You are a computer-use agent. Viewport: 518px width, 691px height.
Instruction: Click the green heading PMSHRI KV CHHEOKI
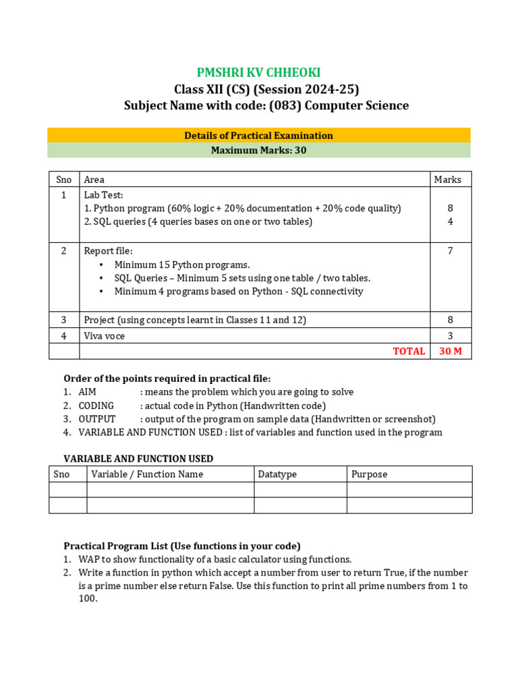(x=258, y=73)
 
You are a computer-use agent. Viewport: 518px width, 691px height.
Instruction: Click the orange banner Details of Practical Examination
(x=258, y=136)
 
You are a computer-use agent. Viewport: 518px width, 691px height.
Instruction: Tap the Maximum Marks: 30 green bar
(x=258, y=150)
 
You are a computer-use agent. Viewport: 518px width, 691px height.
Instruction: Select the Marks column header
(x=448, y=179)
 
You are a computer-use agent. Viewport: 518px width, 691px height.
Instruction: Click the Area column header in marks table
(x=94, y=179)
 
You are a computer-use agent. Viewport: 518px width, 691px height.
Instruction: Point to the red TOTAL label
(x=409, y=351)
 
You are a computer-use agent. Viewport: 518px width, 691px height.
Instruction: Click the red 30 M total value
(x=451, y=351)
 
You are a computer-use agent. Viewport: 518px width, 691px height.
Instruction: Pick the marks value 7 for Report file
(x=450, y=251)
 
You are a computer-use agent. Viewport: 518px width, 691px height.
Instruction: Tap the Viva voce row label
(x=104, y=335)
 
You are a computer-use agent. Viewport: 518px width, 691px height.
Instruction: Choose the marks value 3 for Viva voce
(x=450, y=335)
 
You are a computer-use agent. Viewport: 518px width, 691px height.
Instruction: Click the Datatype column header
(x=277, y=474)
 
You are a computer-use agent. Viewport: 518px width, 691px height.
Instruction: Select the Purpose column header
(x=370, y=474)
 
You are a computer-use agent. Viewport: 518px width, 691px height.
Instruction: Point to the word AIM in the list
(x=88, y=392)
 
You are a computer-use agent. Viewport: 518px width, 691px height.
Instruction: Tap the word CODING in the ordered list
(x=96, y=406)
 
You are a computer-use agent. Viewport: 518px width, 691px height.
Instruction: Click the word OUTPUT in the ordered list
(x=97, y=419)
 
